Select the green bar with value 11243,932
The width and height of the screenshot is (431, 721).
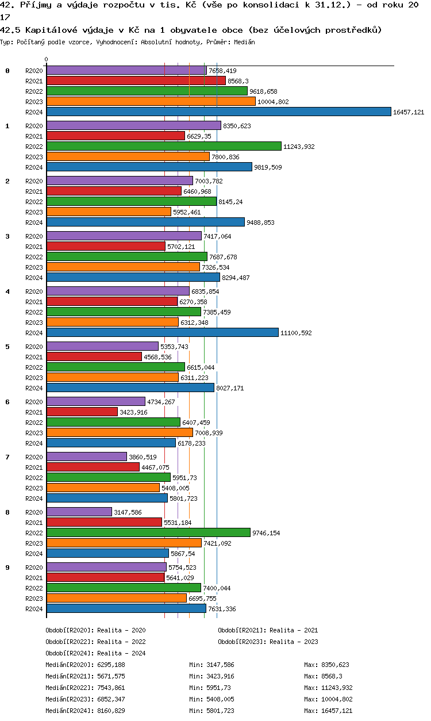pyautogui.click(x=164, y=146)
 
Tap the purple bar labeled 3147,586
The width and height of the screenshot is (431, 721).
pyautogui.click(x=79, y=512)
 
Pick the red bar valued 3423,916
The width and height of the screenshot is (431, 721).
pyautogui.click(x=82, y=412)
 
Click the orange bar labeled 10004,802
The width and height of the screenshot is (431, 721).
pyautogui.click(x=151, y=101)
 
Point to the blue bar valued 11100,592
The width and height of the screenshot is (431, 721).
pyautogui.click(x=162, y=332)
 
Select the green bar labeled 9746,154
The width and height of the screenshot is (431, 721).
pyautogui.click(x=148, y=532)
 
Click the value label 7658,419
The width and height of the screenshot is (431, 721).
pyautogui.click(x=222, y=71)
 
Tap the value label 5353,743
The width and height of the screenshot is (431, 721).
pyautogui.click(x=174, y=347)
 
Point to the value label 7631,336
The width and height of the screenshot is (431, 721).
pyautogui.click(x=222, y=609)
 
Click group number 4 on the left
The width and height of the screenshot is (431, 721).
pyautogui.click(x=7, y=292)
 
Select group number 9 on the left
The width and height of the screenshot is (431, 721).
pyautogui.click(x=7, y=567)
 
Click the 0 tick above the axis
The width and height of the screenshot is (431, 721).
pyautogui.click(x=47, y=59)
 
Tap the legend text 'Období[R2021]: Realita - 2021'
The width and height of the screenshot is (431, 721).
pyautogui.click(x=268, y=630)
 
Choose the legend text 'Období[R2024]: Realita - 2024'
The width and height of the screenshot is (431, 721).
pyautogui.click(x=95, y=653)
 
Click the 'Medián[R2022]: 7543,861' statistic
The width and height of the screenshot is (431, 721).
pyautogui.click(x=85, y=688)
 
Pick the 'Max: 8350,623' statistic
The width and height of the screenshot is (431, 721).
pyautogui.click(x=326, y=665)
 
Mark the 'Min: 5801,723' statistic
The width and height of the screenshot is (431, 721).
pyautogui.click(x=211, y=711)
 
